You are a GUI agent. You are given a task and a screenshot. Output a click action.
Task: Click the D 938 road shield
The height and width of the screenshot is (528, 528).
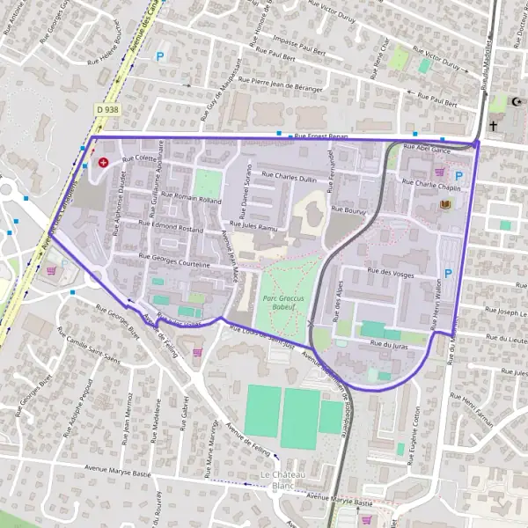(x=106, y=109)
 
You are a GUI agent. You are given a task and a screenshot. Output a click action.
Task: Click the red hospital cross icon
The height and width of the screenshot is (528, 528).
(x=103, y=163)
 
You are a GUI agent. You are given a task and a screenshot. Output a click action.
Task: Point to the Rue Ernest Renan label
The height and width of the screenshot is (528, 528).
(x=323, y=136)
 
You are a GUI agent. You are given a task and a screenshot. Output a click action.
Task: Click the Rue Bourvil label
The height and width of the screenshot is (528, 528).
(x=348, y=209)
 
